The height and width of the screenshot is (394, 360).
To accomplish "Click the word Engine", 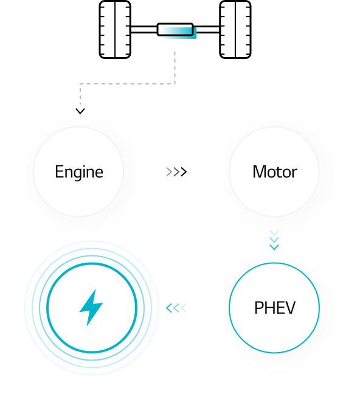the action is pos(79,173).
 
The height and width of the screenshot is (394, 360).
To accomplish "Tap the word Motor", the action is pos(275,172).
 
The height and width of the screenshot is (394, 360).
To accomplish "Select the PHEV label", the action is pos(274,308).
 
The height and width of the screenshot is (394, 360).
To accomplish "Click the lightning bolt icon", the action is pos(91,308).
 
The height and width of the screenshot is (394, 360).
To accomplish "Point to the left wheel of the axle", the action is pos(115,30).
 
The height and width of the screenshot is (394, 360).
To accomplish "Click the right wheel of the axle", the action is pos(235,30).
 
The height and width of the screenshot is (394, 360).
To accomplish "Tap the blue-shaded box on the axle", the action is pos(176,30).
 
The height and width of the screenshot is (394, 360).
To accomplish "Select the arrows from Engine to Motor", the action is pos(176,172).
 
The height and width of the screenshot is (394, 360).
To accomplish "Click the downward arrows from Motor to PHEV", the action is pos(274,240).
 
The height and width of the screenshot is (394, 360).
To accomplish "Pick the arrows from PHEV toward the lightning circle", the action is pos(176,308).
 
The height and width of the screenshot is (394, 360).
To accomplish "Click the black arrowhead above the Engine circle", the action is pos(80,111).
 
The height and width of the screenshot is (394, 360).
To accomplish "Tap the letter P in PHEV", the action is pos(258,308).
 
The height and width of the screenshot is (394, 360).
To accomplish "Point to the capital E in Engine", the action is pos(59,172).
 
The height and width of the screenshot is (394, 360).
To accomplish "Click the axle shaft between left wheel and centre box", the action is pos(144,29).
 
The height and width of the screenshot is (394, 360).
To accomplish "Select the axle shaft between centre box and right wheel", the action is pos(207,29).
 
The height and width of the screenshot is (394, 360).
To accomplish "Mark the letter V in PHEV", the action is pos(290,308).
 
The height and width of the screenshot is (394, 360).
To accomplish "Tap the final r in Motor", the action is pos(295,174).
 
